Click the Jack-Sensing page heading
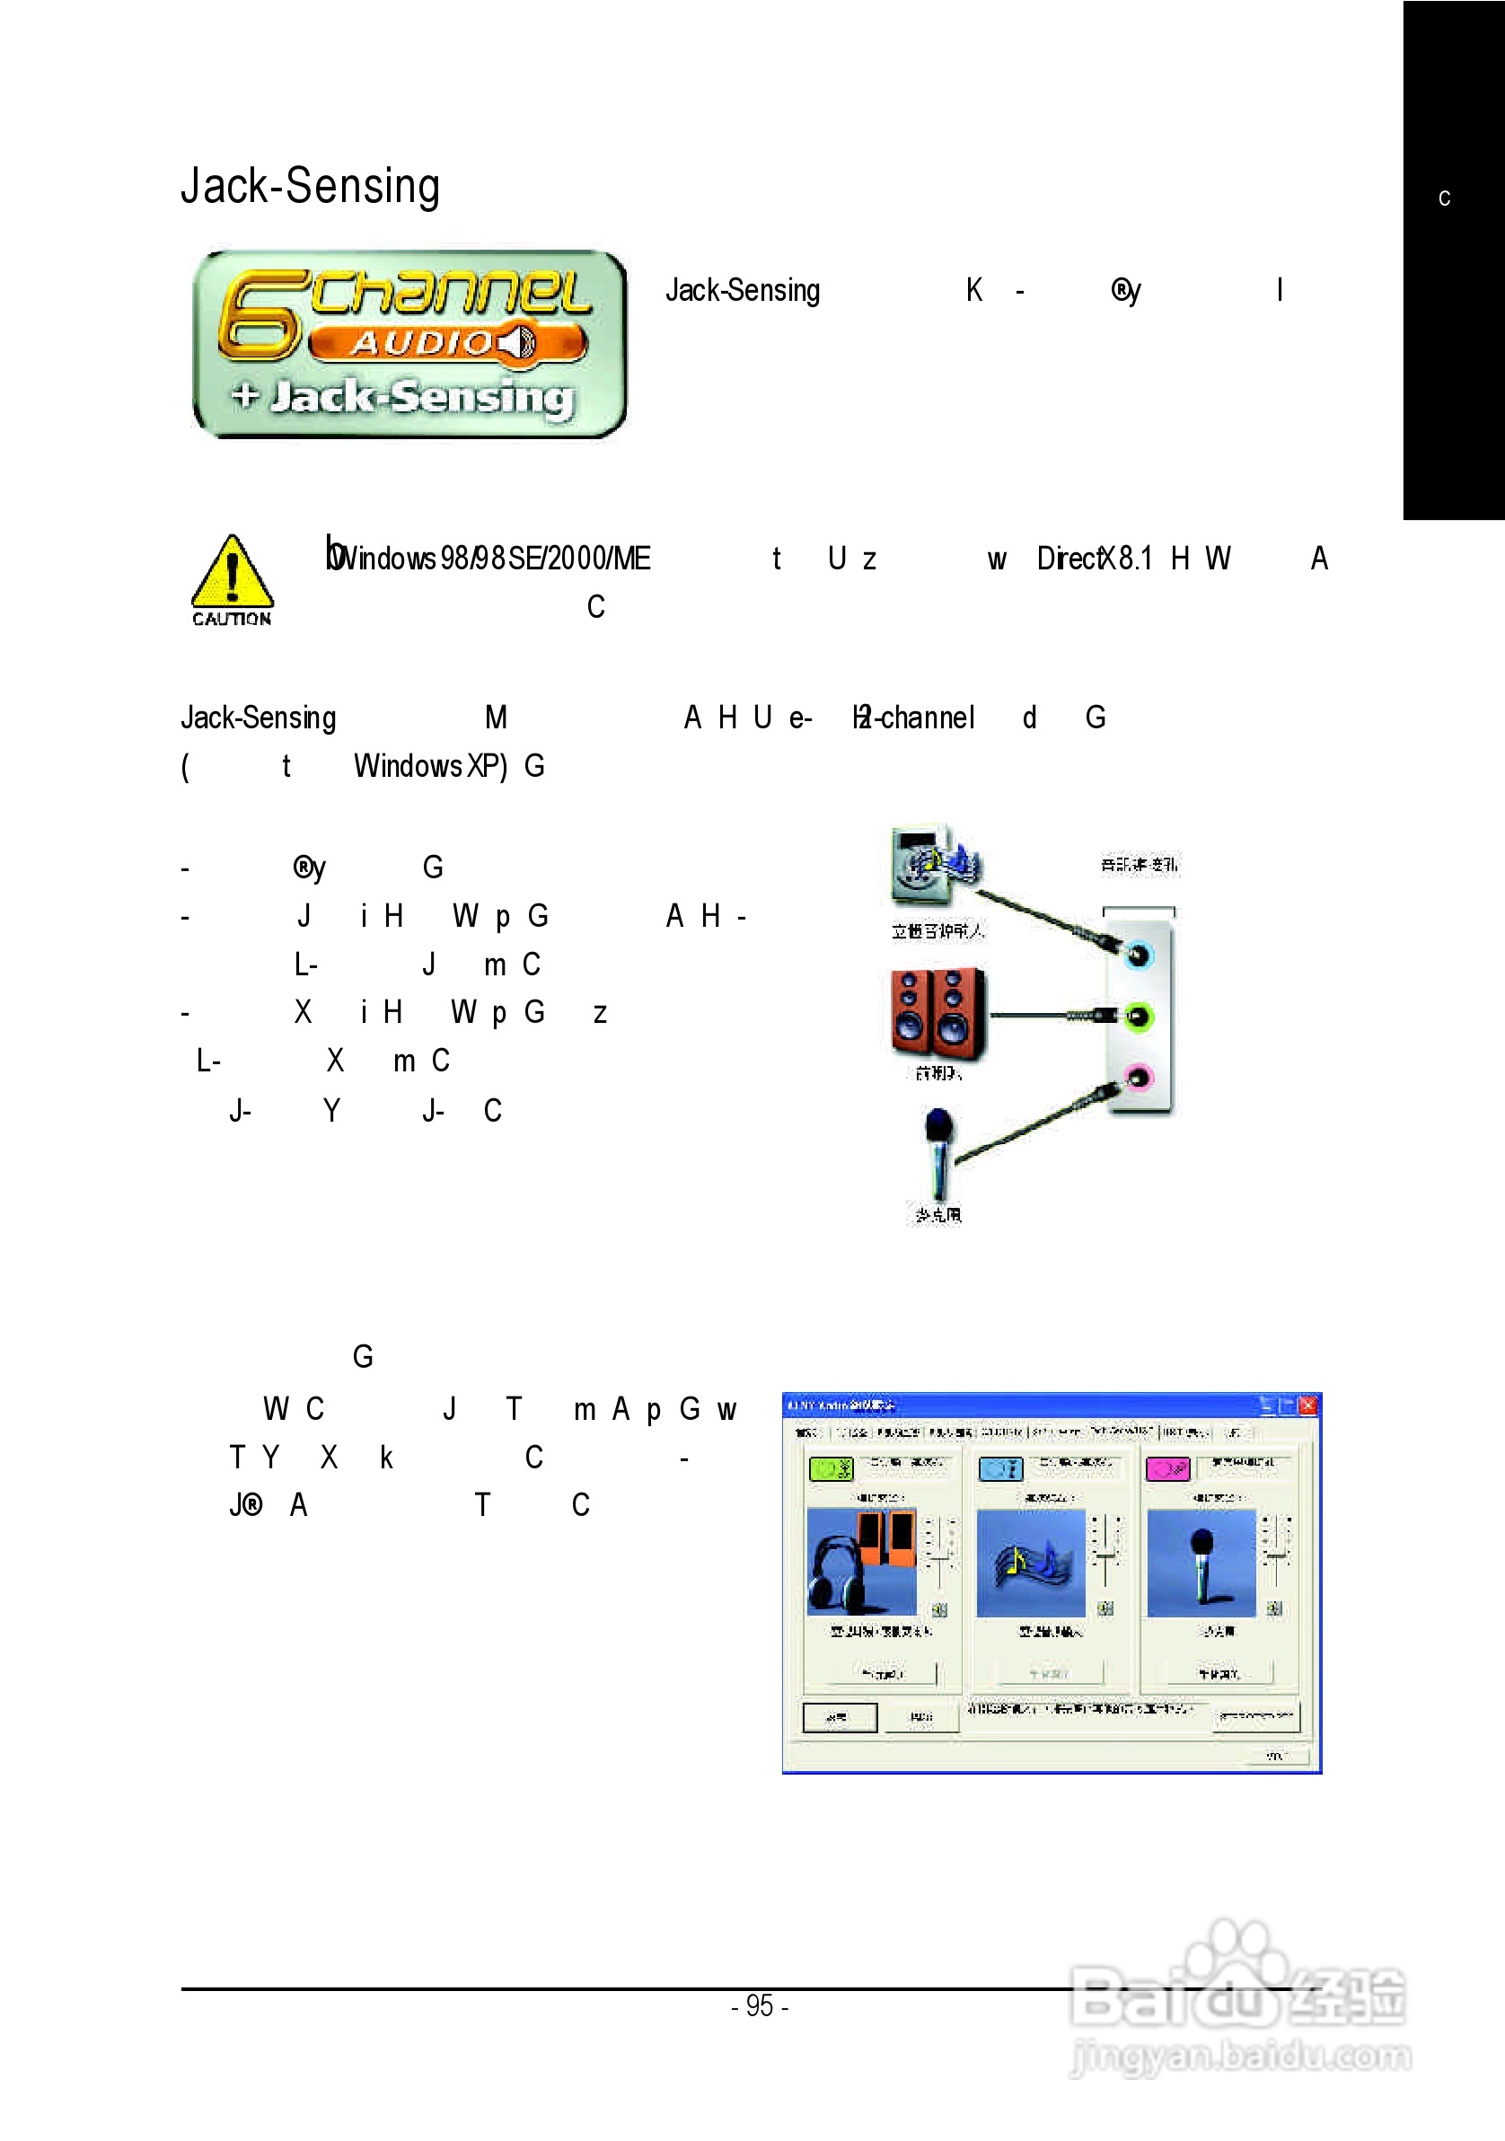click(310, 186)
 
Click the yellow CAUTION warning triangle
click(233, 574)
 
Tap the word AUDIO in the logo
click(422, 343)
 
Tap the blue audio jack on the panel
click(1139, 954)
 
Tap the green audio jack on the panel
click(1138, 1016)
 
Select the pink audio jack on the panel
click(1138, 1078)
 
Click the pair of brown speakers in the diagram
click(937, 1014)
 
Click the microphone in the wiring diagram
click(939, 1150)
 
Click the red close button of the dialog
click(1308, 1405)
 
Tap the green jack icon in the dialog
click(831, 1468)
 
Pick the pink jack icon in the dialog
click(1167, 1468)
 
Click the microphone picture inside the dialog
click(1201, 1562)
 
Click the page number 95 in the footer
click(760, 2005)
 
